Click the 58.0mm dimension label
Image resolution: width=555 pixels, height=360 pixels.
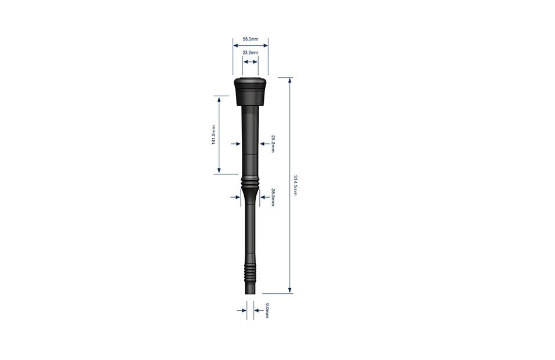[251, 39]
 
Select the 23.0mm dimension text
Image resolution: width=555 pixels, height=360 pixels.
[251, 53]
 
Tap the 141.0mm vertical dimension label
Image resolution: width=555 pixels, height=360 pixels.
[213, 135]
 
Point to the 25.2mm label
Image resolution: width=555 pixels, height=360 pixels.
[273, 144]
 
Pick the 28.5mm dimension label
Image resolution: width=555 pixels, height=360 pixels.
[273, 197]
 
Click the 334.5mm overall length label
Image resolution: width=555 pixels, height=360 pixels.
[295, 184]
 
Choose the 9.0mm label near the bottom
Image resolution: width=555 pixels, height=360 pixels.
[267, 310]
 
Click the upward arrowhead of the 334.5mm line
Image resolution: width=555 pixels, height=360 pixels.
[289, 81]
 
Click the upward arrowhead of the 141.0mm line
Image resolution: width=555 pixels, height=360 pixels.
[219, 99]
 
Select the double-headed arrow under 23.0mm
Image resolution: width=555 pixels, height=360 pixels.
[251, 61]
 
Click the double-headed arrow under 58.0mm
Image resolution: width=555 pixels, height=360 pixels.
[251, 45]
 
